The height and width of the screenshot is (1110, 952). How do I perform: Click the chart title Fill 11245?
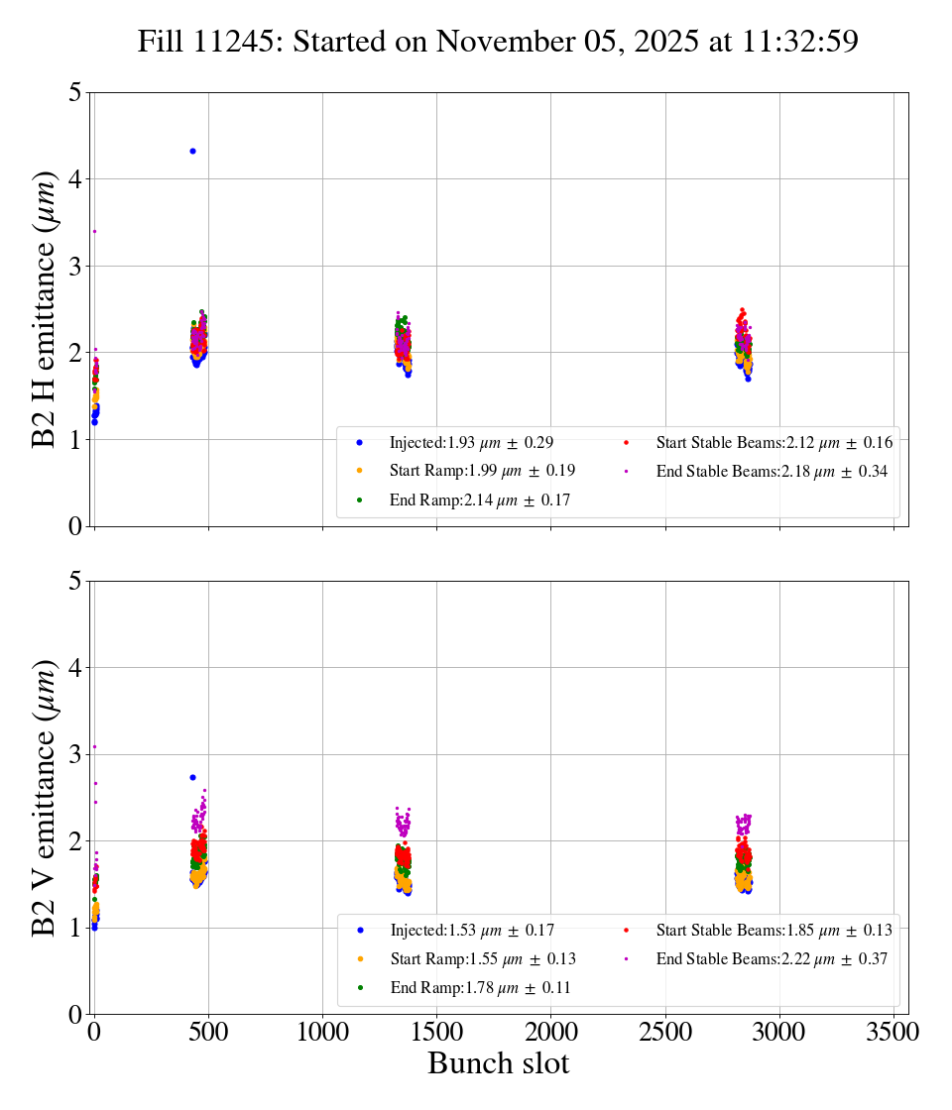pyautogui.click(x=497, y=42)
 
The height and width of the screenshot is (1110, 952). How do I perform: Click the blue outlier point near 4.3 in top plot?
pyautogui.click(x=192, y=151)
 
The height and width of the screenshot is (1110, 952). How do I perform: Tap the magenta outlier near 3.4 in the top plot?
pyautogui.click(x=94, y=231)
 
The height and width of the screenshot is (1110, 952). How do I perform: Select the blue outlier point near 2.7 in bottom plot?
pyautogui.click(x=192, y=777)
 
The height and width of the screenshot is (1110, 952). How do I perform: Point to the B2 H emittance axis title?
pyautogui.click(x=45, y=309)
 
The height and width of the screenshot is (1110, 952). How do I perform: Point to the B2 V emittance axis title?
pyautogui.click(x=45, y=797)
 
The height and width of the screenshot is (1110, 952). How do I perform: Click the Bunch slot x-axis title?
pyautogui.click(x=499, y=1063)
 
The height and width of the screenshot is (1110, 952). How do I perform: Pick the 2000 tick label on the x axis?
pyautogui.click(x=551, y=1033)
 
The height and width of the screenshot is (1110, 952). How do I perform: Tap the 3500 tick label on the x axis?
pyautogui.click(x=893, y=1033)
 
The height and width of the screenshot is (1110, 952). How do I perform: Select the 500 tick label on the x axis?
pyautogui.click(x=208, y=1033)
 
